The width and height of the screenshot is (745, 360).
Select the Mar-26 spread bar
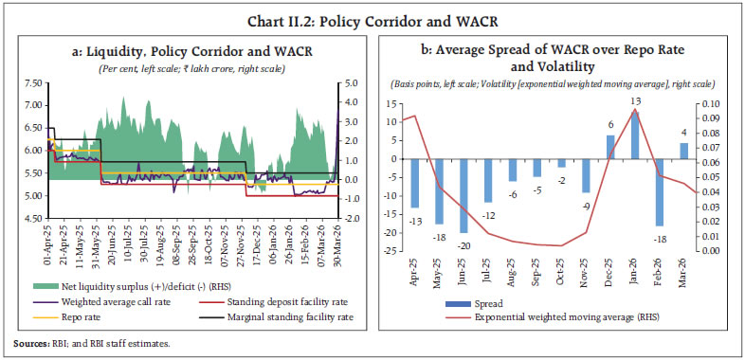coord(683,150)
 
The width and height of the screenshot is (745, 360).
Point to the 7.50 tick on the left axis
coord(28,83)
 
